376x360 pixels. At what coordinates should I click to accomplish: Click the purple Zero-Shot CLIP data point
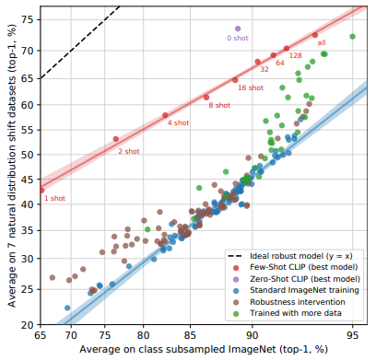click(x=238, y=29)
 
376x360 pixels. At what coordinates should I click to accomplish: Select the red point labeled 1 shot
click(x=41, y=191)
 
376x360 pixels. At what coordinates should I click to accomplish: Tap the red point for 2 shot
click(x=116, y=139)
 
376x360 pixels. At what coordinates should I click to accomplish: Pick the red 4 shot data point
click(x=165, y=115)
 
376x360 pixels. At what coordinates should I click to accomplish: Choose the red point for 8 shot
click(x=206, y=98)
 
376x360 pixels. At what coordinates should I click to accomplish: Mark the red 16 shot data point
click(x=235, y=80)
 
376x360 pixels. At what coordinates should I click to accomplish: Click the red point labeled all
click(x=315, y=35)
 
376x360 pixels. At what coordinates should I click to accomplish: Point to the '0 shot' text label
click(x=238, y=38)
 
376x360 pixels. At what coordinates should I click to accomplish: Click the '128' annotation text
click(x=296, y=55)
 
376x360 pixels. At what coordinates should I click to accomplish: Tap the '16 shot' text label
click(x=251, y=87)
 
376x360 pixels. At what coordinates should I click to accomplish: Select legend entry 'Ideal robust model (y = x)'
click(x=290, y=256)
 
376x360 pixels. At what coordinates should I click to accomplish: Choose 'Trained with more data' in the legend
click(x=287, y=313)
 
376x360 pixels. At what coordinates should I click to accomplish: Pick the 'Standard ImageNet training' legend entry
click(x=296, y=290)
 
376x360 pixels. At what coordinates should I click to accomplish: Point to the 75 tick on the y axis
click(x=28, y=19)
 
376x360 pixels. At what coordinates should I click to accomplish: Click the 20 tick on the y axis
click(x=28, y=324)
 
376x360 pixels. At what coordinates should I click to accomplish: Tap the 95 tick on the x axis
click(x=352, y=335)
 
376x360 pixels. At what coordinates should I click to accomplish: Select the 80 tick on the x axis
click(x=143, y=335)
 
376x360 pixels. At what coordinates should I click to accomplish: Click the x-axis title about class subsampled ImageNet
click(x=204, y=349)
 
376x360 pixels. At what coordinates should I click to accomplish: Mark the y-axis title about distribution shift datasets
click(x=12, y=166)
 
